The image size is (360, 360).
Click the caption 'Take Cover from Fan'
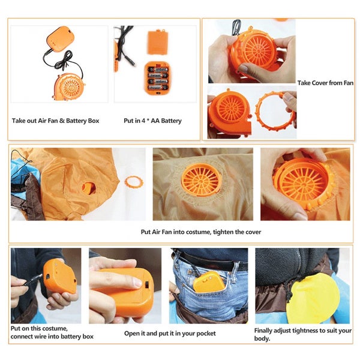tap(325, 82)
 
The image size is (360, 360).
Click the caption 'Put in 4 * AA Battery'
tap(152, 121)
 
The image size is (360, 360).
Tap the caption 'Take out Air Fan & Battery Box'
tap(55, 121)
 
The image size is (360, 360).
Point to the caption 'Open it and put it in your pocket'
tap(170, 333)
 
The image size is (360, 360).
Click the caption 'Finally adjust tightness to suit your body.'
tap(302, 334)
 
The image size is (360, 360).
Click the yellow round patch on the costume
tap(312, 298)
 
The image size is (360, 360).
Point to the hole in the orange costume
tap(88, 187)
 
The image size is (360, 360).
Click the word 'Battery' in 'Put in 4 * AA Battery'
tap(170, 121)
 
